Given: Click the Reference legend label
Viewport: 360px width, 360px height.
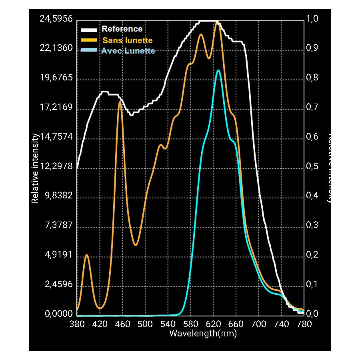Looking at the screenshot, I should [122, 29].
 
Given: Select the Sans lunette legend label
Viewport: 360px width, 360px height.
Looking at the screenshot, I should [128, 40].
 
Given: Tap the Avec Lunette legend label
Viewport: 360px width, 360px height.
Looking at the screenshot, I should [128, 51].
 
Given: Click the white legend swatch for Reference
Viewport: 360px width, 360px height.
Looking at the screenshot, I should [89, 30].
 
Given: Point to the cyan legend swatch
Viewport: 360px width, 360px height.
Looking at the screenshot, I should [89, 50].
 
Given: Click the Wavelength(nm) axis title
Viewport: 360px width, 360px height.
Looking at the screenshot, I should [203, 333].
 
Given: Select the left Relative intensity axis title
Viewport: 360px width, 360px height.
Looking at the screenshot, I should [35, 168].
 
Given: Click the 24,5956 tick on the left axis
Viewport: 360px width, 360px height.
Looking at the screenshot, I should [56, 19].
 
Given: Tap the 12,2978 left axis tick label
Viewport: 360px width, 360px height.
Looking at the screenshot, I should [56, 166].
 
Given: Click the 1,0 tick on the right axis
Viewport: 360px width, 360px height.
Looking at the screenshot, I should [312, 19].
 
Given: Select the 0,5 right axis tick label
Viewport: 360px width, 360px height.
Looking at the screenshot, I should [312, 166].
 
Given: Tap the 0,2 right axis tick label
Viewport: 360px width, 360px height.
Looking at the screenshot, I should [312, 255].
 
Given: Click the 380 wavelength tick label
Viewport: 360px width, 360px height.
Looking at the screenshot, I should [77, 323].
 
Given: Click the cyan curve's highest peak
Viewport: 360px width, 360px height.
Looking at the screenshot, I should [218, 70].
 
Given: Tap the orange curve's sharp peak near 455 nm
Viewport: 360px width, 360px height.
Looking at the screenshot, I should [120, 102].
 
